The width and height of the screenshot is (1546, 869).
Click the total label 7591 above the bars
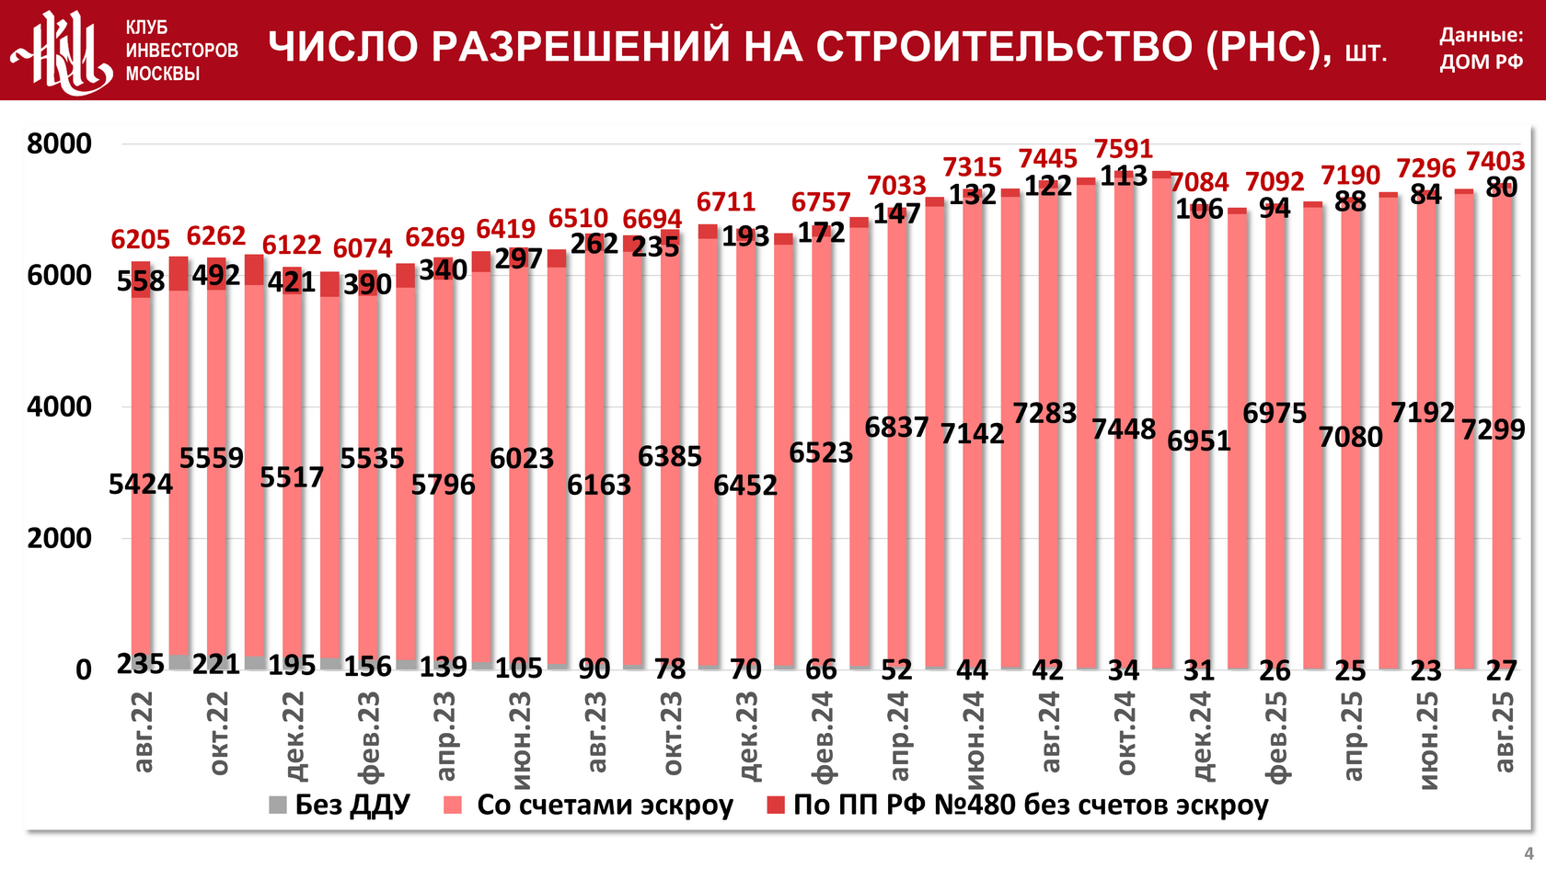coord(1123,148)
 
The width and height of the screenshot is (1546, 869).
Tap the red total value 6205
coord(141,240)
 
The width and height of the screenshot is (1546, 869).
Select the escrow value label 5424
coord(141,484)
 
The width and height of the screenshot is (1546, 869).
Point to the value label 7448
coord(1124,429)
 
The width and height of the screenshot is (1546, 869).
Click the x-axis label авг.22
coord(143,732)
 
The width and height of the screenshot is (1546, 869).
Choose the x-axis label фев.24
coord(822,736)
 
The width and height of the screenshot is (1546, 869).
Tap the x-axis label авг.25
coord(1502,732)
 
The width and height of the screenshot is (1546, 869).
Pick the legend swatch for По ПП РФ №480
coord(776,806)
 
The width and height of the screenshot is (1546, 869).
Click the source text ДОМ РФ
coord(1482,62)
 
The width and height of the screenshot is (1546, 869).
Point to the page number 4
coord(1529,853)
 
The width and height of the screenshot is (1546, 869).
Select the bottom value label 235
coord(141,664)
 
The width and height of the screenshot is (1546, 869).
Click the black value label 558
coord(141,280)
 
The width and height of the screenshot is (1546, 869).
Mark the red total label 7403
coord(1494,162)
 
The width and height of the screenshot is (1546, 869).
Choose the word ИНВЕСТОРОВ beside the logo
coord(181,51)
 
